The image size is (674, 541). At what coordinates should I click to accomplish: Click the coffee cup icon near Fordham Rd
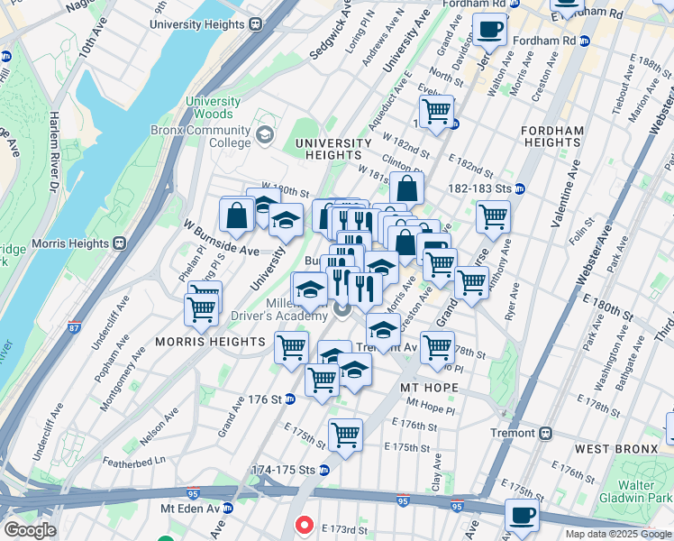489,31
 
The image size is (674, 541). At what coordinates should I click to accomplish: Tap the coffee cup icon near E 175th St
522,516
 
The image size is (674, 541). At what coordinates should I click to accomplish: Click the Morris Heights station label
69,243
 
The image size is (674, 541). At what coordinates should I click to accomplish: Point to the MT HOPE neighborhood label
429,388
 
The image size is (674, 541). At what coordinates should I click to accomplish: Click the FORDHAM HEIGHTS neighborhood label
552,136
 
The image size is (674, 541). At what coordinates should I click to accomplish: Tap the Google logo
29,530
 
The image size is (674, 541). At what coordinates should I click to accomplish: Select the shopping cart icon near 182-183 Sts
493,216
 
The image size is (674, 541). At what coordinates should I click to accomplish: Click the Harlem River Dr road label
53,144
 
